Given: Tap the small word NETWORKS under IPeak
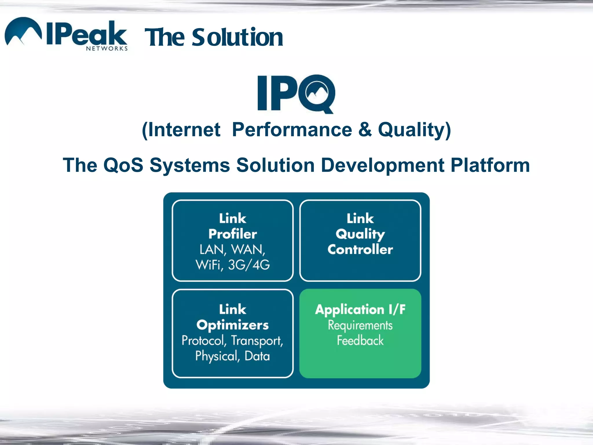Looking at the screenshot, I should [x=107, y=48].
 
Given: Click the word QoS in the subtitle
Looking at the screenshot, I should [x=123, y=165].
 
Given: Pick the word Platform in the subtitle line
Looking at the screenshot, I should [x=490, y=165].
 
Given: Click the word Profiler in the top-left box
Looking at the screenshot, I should [x=233, y=234].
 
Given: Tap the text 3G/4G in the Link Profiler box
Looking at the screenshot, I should [x=249, y=265].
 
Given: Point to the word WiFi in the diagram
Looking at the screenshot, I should [x=208, y=265].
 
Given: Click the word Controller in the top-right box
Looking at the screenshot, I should [x=360, y=249].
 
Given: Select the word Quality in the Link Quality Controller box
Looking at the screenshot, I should [x=360, y=234].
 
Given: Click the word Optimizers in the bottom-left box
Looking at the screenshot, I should [x=233, y=325].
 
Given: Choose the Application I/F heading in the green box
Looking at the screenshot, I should [x=360, y=309].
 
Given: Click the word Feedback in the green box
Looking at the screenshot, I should [x=360, y=340].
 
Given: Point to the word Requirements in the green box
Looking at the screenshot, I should [x=360, y=325].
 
